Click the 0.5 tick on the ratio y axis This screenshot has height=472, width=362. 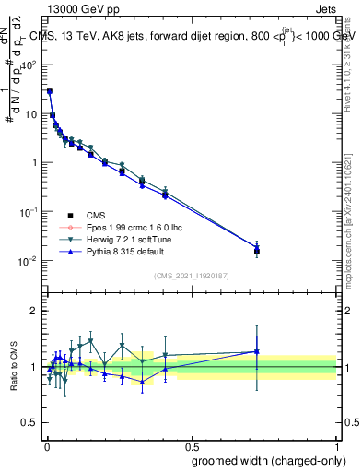pyautogui.click(x=30, y=423)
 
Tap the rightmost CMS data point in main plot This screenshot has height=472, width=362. pyautogui.click(x=257, y=250)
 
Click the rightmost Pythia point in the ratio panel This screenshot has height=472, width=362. pyautogui.click(x=257, y=351)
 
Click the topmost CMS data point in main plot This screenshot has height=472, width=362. pyautogui.click(x=49, y=91)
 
